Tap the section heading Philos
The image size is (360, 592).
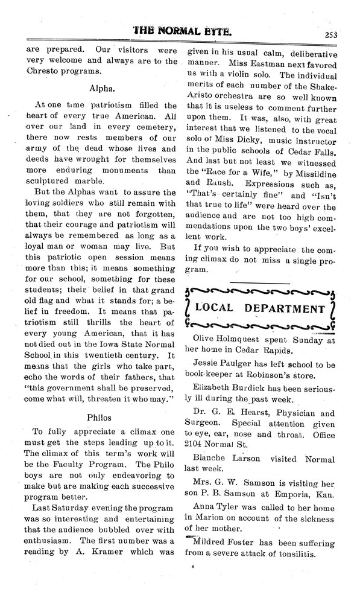99,416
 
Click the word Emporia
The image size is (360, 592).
290,494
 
